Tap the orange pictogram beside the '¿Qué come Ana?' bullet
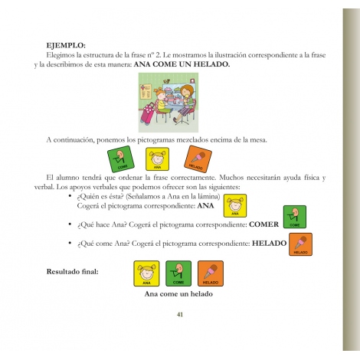pyautogui.click(x=301, y=244)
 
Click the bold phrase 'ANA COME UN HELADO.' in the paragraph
pyautogui.click(x=181, y=64)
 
